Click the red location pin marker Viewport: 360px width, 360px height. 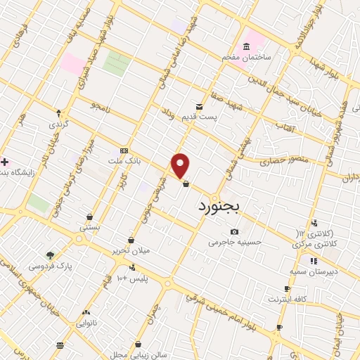[x=181, y=166]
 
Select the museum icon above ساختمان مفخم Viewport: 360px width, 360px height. [x=246, y=47]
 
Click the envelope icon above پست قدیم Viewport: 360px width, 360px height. [x=200, y=107]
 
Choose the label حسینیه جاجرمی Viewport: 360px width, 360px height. [x=234, y=242]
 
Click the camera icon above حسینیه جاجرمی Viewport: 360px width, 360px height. [x=234, y=232]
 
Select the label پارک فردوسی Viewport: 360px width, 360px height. [x=51, y=266]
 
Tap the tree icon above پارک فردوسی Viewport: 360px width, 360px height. [x=50, y=256]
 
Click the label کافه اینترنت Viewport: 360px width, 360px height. [x=288, y=300]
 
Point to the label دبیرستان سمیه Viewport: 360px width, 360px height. [x=314, y=271]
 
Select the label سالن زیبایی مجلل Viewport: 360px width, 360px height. [x=139, y=354]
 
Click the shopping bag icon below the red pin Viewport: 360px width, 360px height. [x=186, y=184]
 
